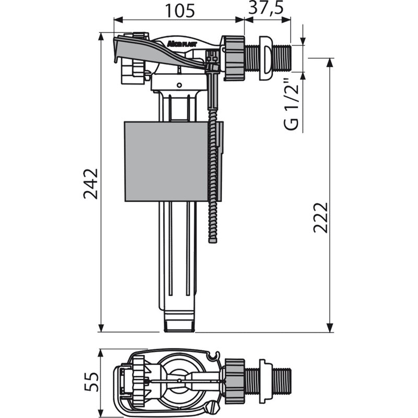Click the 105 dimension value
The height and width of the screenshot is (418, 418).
180,10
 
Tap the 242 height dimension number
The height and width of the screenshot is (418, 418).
91,184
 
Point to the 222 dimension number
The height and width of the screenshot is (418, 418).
320,218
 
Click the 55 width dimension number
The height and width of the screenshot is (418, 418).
91,382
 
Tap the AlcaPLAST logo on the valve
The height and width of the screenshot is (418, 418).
182,44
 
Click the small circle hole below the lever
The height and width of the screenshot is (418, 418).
179,85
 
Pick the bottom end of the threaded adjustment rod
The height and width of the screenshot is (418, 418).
213,242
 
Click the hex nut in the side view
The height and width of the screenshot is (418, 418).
234,58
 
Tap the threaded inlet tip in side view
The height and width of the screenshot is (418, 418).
283,58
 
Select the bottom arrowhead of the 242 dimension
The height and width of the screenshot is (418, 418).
101,329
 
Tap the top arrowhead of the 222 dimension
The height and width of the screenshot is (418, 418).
330,62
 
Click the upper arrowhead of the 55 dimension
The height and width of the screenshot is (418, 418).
100,353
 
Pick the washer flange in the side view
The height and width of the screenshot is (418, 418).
265,58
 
